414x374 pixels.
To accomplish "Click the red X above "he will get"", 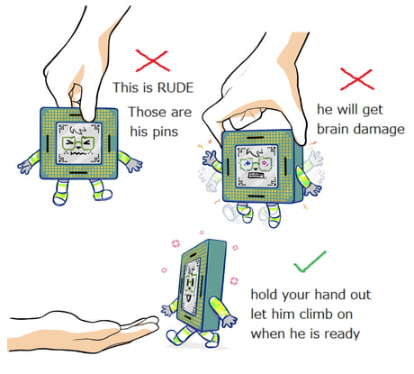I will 357,79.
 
